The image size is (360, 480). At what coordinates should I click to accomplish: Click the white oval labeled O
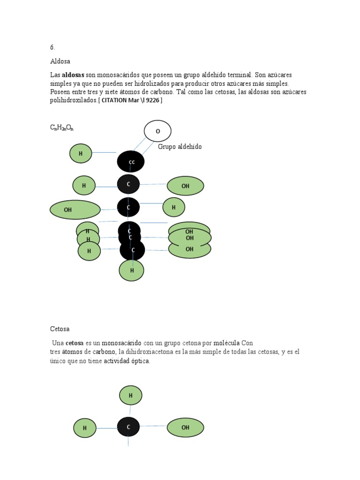(x=157, y=131)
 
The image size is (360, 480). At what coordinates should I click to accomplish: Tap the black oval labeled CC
(x=131, y=162)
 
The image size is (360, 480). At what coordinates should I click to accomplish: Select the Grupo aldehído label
(x=180, y=147)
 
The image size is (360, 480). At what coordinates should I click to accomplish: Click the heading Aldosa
(x=60, y=61)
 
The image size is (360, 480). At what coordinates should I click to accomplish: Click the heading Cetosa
(x=60, y=329)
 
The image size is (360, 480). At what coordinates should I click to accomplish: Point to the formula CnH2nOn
(x=62, y=127)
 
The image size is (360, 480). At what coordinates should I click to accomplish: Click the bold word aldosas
(x=73, y=75)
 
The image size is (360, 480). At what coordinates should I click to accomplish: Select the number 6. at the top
(x=52, y=47)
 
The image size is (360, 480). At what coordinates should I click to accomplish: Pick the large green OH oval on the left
(x=75, y=210)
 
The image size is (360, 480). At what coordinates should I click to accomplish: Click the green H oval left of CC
(x=81, y=153)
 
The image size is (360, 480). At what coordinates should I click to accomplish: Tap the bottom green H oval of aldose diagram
(x=131, y=270)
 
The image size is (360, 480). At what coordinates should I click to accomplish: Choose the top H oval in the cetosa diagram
(x=131, y=396)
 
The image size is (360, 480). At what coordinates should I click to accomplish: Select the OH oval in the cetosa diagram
(x=186, y=427)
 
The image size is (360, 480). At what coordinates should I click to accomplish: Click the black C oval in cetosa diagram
(x=128, y=427)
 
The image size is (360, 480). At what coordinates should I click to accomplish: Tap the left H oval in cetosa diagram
(x=85, y=428)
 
